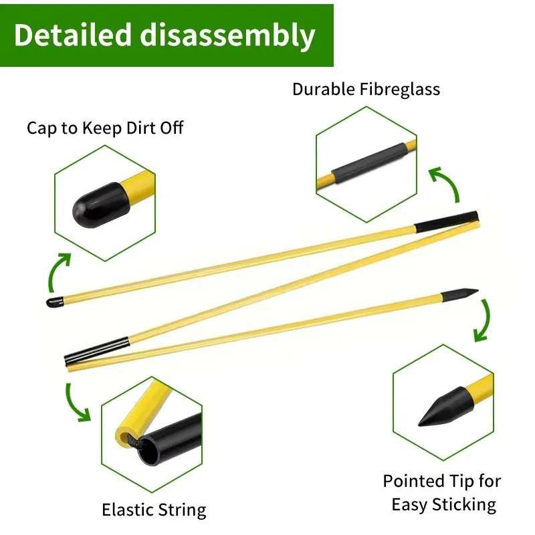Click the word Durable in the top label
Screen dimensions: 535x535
(x=320, y=89)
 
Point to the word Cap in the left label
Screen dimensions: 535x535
(x=42, y=128)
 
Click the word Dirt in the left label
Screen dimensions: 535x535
(x=139, y=128)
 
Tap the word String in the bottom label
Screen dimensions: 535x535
(x=181, y=510)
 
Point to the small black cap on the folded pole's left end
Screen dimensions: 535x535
(x=53, y=302)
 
